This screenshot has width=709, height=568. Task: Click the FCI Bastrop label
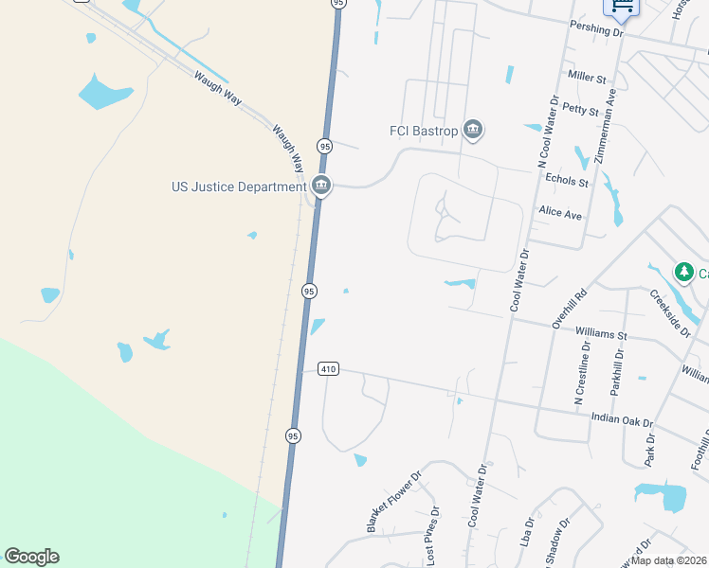pos(424,131)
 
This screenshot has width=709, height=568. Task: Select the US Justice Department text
pos(238,186)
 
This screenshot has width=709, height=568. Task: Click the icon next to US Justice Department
pos(321,186)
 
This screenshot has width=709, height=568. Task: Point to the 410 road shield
pos(328,369)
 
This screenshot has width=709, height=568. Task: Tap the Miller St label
pos(587,76)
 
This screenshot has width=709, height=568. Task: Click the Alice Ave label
pos(559,214)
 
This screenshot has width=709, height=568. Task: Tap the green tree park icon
pos(683,273)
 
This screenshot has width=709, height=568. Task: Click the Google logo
pos(31,557)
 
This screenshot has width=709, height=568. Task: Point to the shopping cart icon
pos(623,9)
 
